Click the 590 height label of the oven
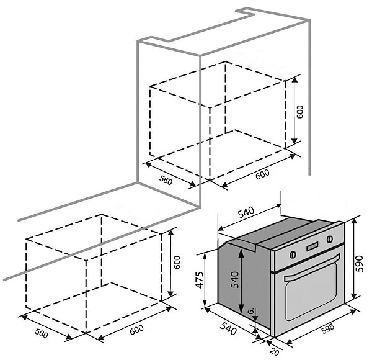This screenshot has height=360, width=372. (x=360, y=264)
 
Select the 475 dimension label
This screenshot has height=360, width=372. (x=200, y=280)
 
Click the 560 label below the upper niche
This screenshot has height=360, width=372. (x=166, y=180)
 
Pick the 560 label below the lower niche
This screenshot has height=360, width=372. (x=42, y=333)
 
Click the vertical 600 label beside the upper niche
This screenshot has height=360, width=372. (x=300, y=112)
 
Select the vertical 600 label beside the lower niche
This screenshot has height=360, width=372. (x=177, y=263)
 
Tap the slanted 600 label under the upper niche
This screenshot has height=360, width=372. (x=263, y=174)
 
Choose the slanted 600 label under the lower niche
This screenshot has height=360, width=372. (x=136, y=330)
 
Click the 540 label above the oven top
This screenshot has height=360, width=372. (x=246, y=212)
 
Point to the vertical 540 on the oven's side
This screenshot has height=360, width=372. (x=235, y=280)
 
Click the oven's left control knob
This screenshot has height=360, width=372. (x=293, y=254)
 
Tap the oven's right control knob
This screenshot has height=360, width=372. (x=330, y=239)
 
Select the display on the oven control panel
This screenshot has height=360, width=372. (x=312, y=247)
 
